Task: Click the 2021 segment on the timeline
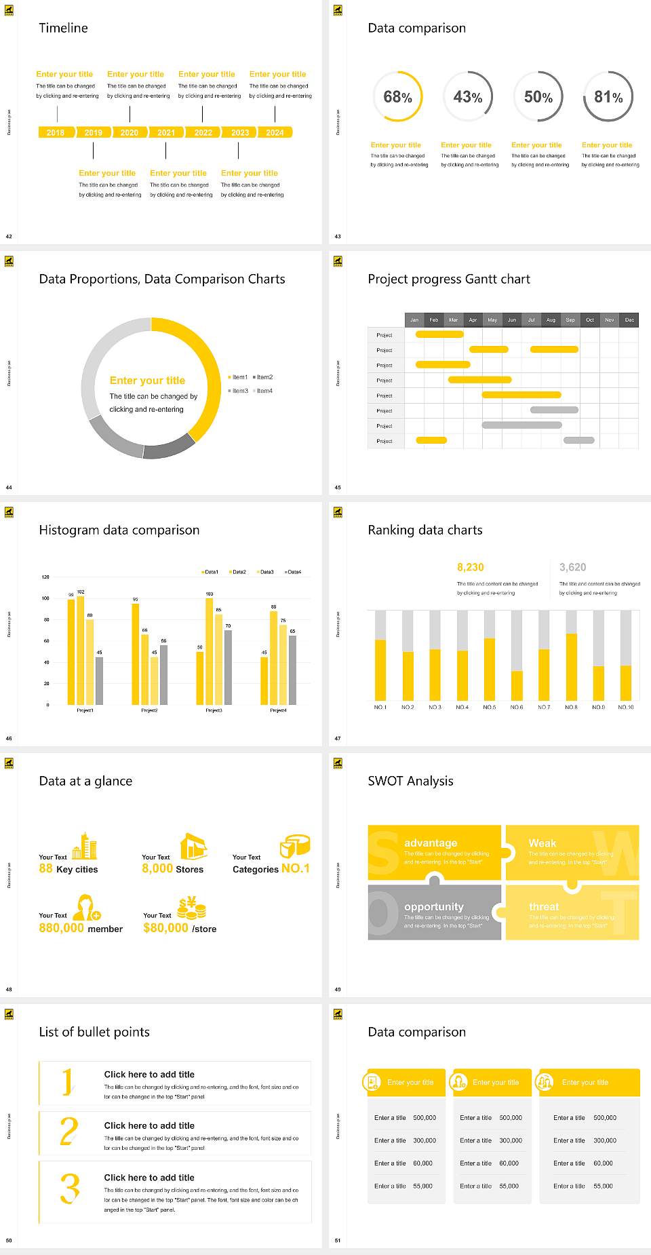(166, 132)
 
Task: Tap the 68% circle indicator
(397, 97)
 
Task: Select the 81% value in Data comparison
(608, 97)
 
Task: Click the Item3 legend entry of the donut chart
(238, 391)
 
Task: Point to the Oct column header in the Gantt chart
(590, 320)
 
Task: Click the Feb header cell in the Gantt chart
(434, 320)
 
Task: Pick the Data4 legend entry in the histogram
(293, 572)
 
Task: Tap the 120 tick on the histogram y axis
(45, 577)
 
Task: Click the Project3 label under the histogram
(214, 710)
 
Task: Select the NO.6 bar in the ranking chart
(517, 685)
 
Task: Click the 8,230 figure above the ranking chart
(471, 567)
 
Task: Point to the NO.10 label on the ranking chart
(626, 707)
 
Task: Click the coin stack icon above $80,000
(191, 908)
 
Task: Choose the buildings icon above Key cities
(85, 846)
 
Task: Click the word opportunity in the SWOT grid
(434, 906)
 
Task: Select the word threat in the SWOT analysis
(544, 906)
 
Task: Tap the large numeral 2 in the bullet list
(68, 1132)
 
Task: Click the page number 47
(338, 738)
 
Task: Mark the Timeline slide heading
(63, 28)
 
